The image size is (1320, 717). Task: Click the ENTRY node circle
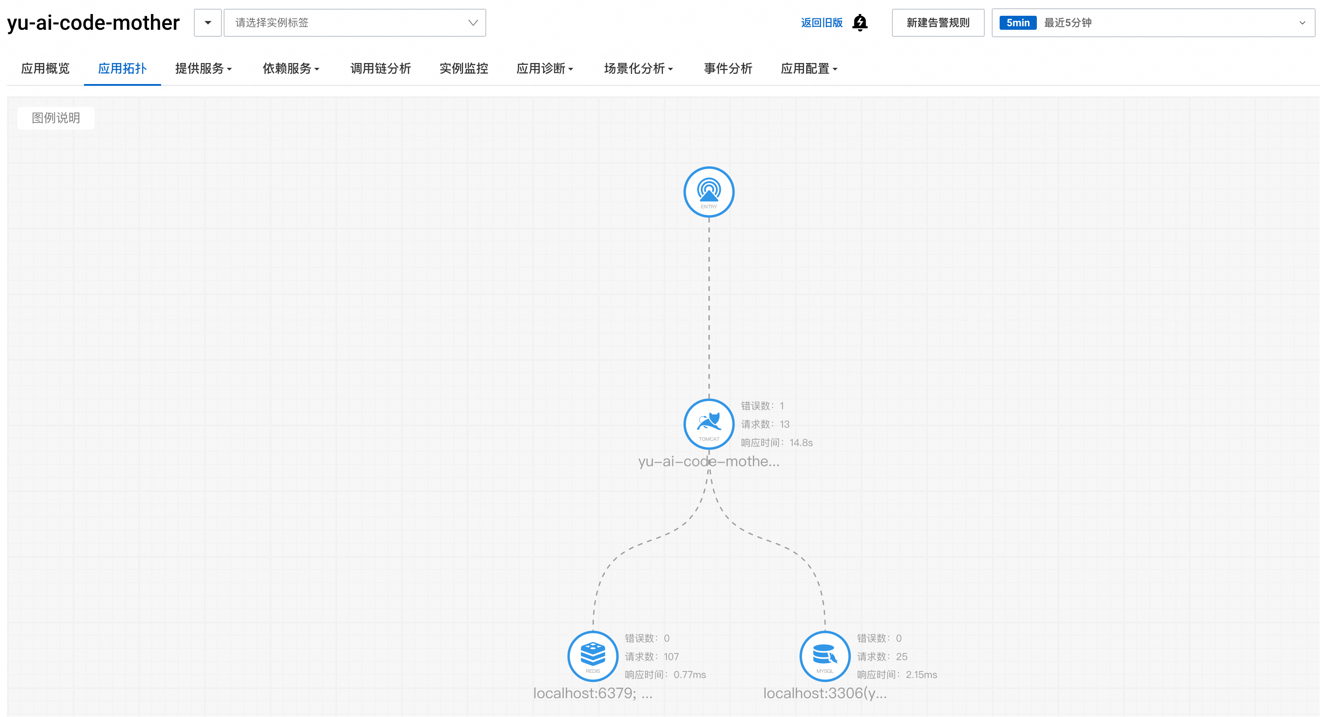pos(709,192)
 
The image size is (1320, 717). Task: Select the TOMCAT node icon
pos(709,424)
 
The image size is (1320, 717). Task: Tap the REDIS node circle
pos(593,656)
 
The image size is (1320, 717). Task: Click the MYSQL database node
pos(825,656)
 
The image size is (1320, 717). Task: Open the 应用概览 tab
pos(45,69)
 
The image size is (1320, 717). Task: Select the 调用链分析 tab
pos(380,69)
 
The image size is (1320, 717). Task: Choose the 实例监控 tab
pos(463,69)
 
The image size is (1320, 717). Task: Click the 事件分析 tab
pos(728,69)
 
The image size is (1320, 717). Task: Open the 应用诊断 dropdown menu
pos(544,69)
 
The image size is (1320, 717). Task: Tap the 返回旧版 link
pos(821,23)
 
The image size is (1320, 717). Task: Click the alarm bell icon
pos(860,23)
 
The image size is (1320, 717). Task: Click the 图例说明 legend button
pos(56,118)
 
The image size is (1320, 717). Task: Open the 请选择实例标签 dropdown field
pos(355,23)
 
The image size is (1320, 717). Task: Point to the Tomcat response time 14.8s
pos(801,442)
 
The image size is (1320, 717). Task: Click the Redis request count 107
pos(671,657)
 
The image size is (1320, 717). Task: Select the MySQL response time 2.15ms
pos(921,675)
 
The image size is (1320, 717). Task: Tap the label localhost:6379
pos(592,693)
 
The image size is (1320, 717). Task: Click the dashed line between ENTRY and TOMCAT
pos(709,308)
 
